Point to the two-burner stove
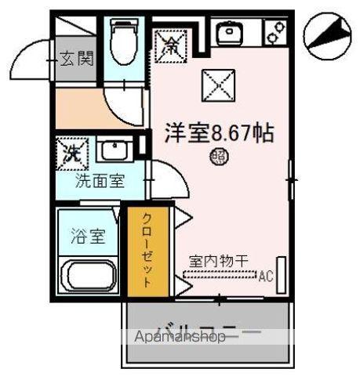pos(275,33)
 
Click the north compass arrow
pos(329,35)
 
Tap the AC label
pos(266,275)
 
